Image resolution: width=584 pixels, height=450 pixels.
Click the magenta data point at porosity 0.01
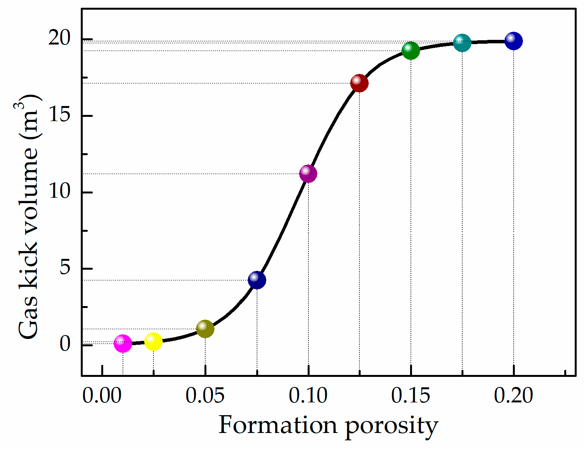click(x=123, y=343)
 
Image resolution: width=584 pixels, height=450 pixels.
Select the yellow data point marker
click(x=153, y=342)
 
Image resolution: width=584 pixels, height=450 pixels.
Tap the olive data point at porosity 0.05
click(x=205, y=329)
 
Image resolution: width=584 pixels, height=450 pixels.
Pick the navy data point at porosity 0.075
click(x=257, y=280)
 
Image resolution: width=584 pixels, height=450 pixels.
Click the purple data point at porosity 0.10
click(x=308, y=173)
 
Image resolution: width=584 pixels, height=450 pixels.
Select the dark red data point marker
click(x=359, y=83)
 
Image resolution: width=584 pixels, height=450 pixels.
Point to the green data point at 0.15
click(x=411, y=50)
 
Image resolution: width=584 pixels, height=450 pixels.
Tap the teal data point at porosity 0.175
click(x=462, y=43)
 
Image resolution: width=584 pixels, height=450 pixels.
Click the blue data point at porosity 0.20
click(x=514, y=41)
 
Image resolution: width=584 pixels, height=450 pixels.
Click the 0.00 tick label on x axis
click(x=102, y=396)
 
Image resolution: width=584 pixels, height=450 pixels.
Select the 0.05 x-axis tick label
click(x=205, y=396)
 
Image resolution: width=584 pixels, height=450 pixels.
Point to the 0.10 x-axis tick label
click(x=308, y=396)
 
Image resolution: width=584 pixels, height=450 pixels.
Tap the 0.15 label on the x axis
click(x=410, y=396)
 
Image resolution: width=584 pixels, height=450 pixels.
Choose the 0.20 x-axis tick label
click(x=513, y=396)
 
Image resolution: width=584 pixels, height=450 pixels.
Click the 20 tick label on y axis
click(x=60, y=38)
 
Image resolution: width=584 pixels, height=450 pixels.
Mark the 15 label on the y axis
click(x=60, y=115)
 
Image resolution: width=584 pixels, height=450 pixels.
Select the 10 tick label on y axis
click(x=60, y=191)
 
